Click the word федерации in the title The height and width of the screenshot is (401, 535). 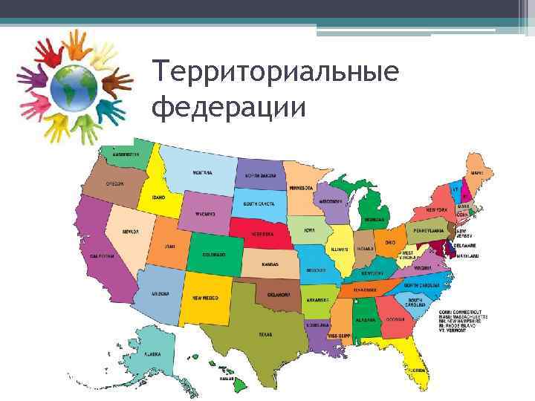tap(228, 107)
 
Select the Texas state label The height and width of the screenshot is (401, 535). tap(265, 334)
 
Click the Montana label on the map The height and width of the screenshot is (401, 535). tap(203, 173)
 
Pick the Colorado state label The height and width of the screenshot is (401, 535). tap(214, 254)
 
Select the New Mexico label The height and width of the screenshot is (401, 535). tap(206, 298)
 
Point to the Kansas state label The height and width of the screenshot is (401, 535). tap(270, 264)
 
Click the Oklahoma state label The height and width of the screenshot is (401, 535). tap(279, 294)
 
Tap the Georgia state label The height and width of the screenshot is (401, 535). tap(395, 319)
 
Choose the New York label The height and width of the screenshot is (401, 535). tap(436, 210)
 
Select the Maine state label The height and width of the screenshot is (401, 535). tap(477, 173)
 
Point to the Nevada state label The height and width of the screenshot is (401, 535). tap(130, 231)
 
